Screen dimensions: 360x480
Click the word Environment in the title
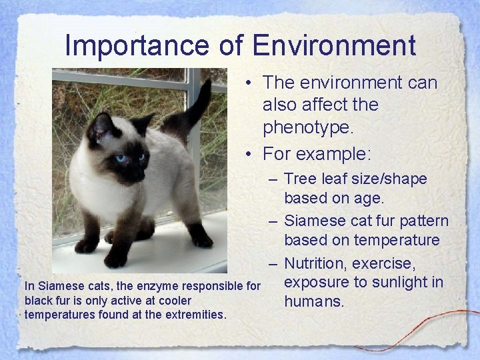point(335,45)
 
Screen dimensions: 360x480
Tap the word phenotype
point(320,127)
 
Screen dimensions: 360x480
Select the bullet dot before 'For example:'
point(247,154)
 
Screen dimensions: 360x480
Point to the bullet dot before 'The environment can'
point(247,83)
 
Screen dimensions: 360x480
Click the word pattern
point(423,220)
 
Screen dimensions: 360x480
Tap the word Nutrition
point(320,261)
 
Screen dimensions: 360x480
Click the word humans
point(314,302)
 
